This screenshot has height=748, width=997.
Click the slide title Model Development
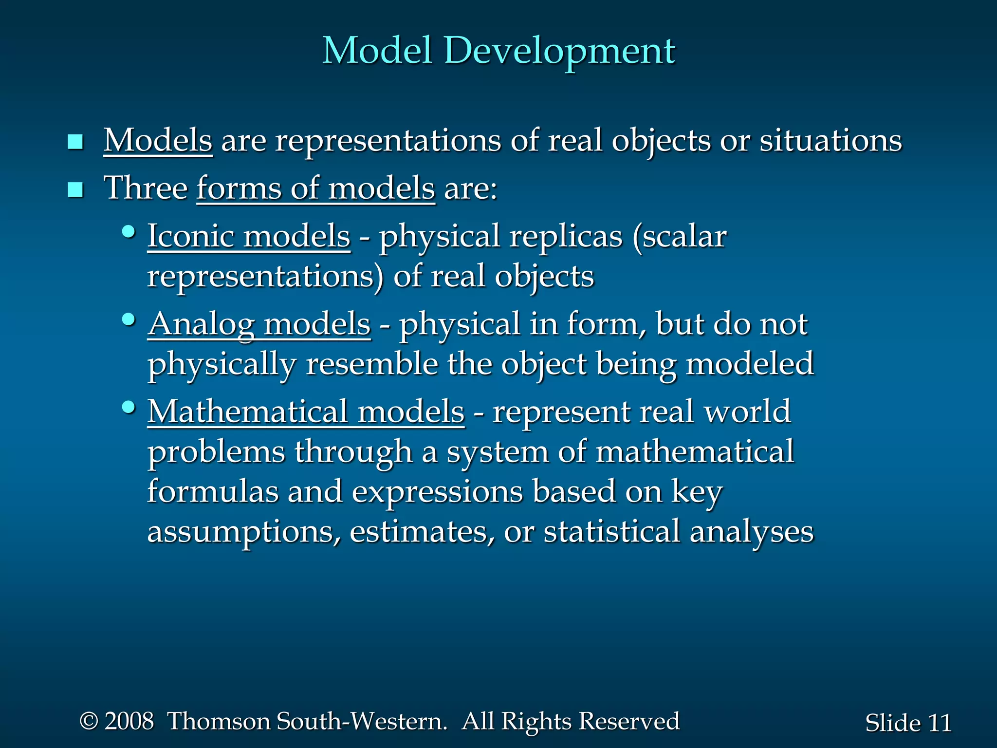[498, 51]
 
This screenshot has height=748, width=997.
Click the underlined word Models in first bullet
[158, 141]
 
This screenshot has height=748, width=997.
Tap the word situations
[831, 141]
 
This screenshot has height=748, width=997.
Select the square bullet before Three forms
[75, 189]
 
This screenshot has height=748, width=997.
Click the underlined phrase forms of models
[315, 188]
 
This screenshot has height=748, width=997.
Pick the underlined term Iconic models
[249, 236]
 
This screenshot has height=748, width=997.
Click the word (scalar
[680, 237]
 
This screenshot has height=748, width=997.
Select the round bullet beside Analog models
[129, 320]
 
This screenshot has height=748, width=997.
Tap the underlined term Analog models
[259, 325]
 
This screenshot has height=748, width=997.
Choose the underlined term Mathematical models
[306, 412]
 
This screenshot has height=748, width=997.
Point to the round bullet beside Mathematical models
[129, 407]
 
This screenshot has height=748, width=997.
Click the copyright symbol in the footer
[89, 721]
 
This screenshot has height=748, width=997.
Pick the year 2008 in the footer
[129, 721]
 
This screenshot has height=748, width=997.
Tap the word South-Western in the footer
[362, 721]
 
